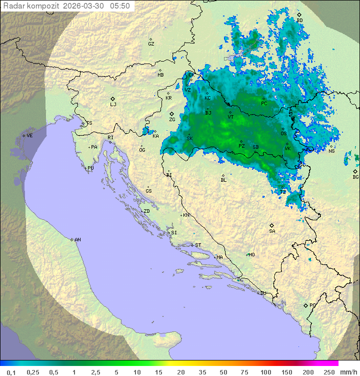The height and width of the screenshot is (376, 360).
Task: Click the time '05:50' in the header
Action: pos(120,6)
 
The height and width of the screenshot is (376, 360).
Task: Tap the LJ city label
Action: pos(113,104)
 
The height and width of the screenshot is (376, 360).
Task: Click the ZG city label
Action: pos(172,120)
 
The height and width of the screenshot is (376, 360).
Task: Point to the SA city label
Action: pos(272,231)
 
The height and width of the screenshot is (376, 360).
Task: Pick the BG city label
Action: pos(355,177)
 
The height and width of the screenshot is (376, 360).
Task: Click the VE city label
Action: pos(29,135)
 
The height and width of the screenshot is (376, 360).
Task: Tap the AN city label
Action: pos(77,240)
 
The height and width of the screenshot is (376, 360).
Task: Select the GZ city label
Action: pos(151,44)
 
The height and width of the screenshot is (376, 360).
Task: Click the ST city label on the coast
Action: pos(198,245)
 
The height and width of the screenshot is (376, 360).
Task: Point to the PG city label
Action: pos(312,305)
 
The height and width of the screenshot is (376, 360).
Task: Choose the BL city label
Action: pos(223,180)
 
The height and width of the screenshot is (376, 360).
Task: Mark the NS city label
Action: pos(331,151)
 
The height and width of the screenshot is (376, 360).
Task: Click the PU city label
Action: pos(90,168)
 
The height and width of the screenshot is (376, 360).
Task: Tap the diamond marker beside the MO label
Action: pos(247,254)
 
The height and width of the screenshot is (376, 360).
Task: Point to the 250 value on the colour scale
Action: pos(329,372)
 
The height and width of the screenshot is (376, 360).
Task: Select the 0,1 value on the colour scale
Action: pos(11,372)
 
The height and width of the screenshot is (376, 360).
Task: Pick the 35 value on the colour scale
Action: pos(202,372)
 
